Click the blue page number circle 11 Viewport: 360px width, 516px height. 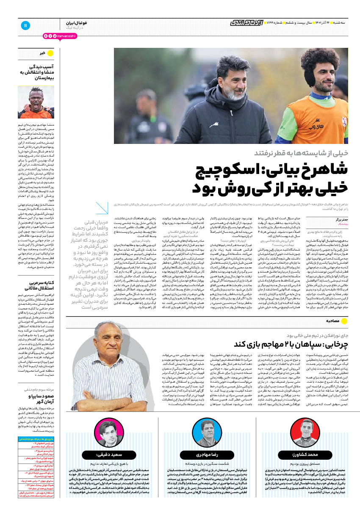pyautogui.click(x=25, y=25)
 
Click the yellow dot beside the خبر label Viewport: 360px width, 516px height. pyautogui.click(x=50, y=53)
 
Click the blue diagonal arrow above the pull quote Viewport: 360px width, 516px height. pyautogui.click(x=102, y=208)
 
